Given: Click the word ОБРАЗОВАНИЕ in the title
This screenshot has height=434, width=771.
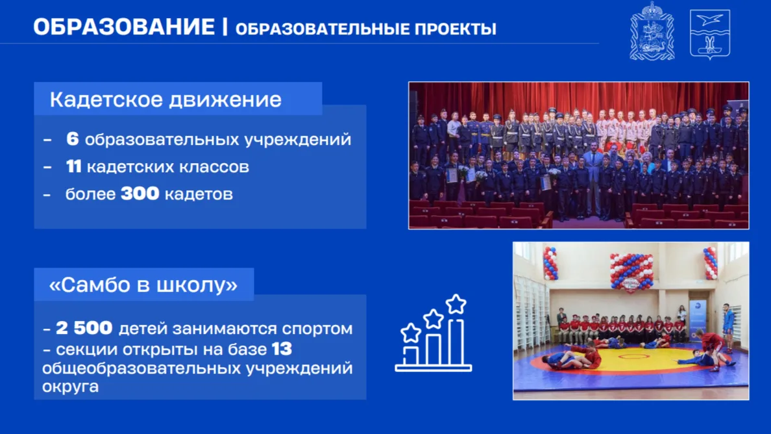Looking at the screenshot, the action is tap(124, 27).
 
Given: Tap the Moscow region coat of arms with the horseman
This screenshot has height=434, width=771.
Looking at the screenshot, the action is tap(652, 32).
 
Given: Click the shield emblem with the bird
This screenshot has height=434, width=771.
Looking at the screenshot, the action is tap(709, 34).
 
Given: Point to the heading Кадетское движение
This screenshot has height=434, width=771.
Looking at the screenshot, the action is tap(165, 99).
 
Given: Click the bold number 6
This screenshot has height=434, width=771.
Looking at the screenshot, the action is tap(72, 139).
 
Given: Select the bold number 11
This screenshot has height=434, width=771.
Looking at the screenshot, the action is tap(74, 167).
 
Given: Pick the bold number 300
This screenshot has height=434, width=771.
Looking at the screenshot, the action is tap(140, 194).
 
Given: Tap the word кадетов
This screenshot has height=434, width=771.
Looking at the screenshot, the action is tap(199, 194).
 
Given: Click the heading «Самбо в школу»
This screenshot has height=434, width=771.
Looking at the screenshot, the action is tap(143, 285).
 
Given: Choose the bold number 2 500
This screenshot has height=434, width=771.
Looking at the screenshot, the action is tap(84, 327).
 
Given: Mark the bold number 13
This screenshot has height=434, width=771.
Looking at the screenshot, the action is tap(282, 349).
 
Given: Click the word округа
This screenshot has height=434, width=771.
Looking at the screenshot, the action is tap(70, 387).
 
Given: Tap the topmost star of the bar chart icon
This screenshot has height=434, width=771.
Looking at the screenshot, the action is tap(456, 303).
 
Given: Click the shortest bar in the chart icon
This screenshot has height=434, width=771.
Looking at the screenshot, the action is tap(411, 356).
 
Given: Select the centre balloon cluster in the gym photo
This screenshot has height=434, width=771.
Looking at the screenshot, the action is tap(631, 272).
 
